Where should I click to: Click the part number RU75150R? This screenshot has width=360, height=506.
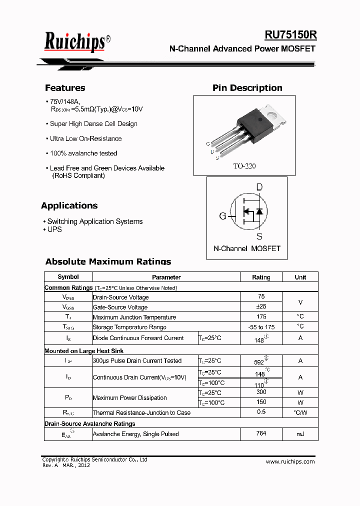[290, 34]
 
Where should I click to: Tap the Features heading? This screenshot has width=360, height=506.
[65, 88]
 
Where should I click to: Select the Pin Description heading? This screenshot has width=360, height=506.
[247, 88]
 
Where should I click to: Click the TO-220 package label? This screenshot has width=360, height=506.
[244, 166]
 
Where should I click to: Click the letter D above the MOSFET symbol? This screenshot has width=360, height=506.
[259, 187]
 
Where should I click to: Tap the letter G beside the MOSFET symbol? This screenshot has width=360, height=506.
[223, 216]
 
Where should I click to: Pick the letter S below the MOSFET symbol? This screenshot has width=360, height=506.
[259, 236]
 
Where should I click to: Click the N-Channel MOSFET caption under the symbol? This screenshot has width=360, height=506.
[247, 248]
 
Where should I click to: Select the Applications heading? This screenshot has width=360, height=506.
[69, 205]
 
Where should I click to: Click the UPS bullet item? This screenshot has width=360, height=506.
[54, 229]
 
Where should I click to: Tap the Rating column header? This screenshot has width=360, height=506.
[261, 277]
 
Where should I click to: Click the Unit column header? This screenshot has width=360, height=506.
[300, 277]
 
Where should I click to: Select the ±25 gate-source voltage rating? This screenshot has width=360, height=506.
[261, 306]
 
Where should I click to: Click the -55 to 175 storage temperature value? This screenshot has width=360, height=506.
[261, 326]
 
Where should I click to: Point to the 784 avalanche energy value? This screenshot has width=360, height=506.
[261, 433]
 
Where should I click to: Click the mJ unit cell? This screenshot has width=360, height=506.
[300, 434]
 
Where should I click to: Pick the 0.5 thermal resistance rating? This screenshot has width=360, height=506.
[261, 412]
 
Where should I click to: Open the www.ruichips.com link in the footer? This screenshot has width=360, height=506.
[290, 461]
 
